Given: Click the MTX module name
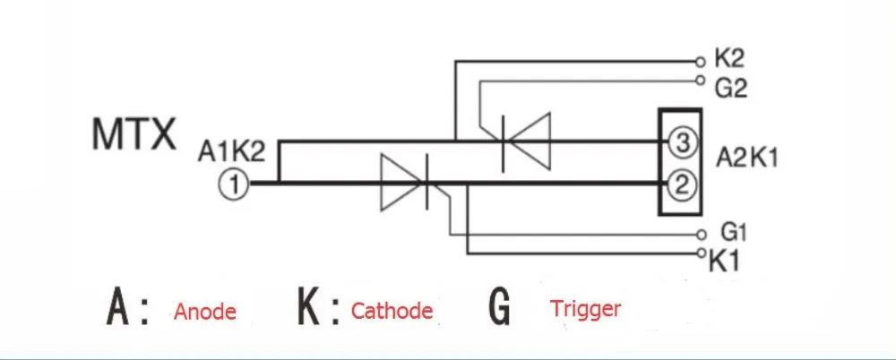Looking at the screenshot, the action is pos(134,134).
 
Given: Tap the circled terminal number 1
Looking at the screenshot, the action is pos(233,184).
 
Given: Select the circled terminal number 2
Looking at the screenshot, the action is pos(680,184).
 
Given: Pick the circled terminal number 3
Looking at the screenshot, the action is pos(680,143).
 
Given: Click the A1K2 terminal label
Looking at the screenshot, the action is pos(231,151).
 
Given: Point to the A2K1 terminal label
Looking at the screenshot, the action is pos(746,159).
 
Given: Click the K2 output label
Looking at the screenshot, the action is pos(729,59).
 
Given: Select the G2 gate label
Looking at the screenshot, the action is pos(730,89).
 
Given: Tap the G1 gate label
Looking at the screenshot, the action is pos(734,233).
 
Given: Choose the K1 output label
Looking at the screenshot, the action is pos(725,262).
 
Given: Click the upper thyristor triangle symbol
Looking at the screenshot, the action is pos(528,141).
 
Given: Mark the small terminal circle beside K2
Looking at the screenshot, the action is pos(701,60).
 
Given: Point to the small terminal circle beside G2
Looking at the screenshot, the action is pos(701,81).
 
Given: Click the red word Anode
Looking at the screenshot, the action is pos(205,312).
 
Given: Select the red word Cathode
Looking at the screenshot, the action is pos(392,311).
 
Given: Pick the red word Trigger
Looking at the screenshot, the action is pos(586,309).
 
